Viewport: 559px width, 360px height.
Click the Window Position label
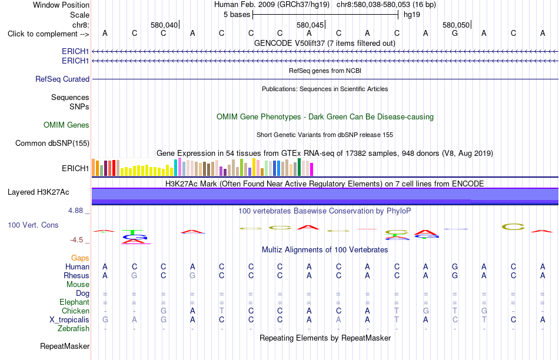click(61, 5)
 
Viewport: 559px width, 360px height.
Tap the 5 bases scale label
click(237, 15)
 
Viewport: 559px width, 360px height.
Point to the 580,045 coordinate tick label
click(310, 25)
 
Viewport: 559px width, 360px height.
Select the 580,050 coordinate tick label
click(456, 25)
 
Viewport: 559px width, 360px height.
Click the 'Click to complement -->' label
click(48, 34)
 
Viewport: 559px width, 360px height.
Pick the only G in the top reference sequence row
click(454, 33)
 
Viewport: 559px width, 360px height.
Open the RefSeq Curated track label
click(62, 79)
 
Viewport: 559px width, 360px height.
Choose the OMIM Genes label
click(66, 125)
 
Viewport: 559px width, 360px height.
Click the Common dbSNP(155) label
click(52, 144)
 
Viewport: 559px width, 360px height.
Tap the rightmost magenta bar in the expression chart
click(311, 169)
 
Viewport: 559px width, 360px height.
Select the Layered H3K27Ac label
click(38, 192)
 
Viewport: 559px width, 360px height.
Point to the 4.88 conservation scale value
click(75, 211)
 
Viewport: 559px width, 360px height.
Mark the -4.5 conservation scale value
click(76, 240)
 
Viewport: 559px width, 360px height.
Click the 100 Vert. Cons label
click(33, 225)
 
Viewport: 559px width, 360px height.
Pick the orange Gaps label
click(80, 258)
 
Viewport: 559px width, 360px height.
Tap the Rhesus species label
click(76, 275)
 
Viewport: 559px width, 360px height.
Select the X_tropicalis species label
click(69, 320)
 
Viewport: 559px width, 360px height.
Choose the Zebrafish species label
click(74, 329)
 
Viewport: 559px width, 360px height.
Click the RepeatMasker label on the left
click(65, 346)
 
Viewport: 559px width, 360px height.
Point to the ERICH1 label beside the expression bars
click(75, 169)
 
